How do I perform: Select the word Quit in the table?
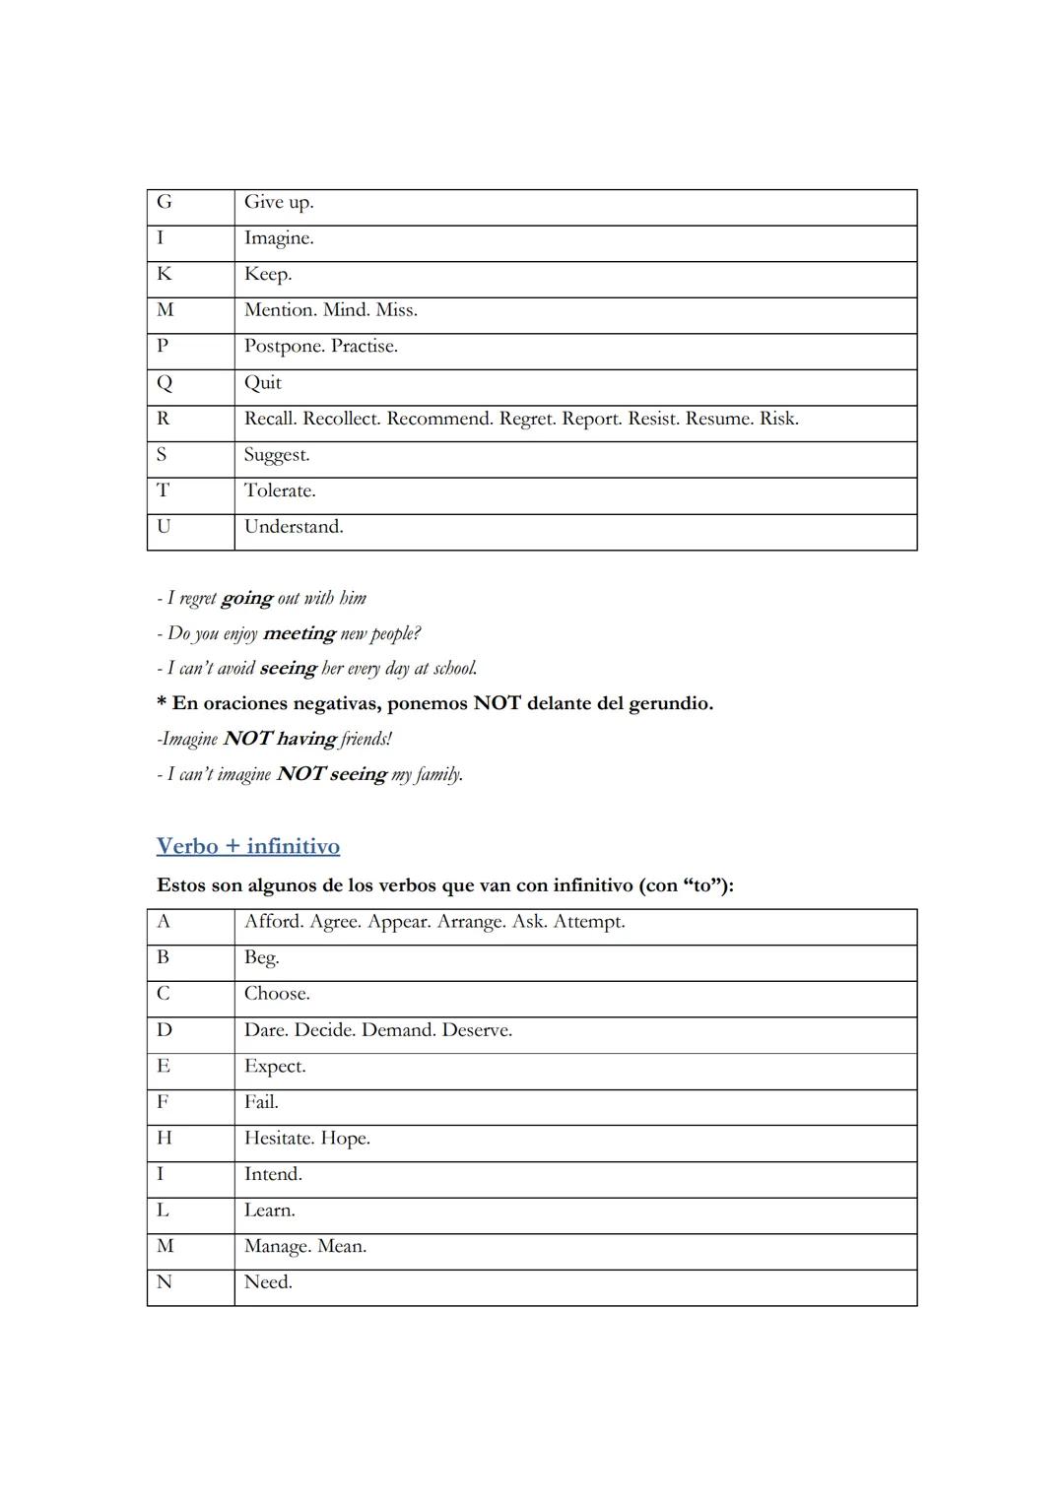click(x=263, y=383)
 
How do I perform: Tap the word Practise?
click(x=365, y=347)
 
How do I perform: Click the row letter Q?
click(x=164, y=383)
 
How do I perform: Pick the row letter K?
click(x=164, y=275)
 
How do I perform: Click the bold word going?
click(x=246, y=598)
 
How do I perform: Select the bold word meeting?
click(x=299, y=633)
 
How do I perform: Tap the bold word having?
click(x=306, y=739)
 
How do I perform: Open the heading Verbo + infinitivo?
click(x=248, y=846)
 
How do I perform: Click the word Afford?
click(x=273, y=922)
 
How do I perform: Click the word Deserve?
click(x=477, y=1030)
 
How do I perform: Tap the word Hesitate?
click(x=277, y=1139)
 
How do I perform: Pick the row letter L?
click(x=163, y=1210)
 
